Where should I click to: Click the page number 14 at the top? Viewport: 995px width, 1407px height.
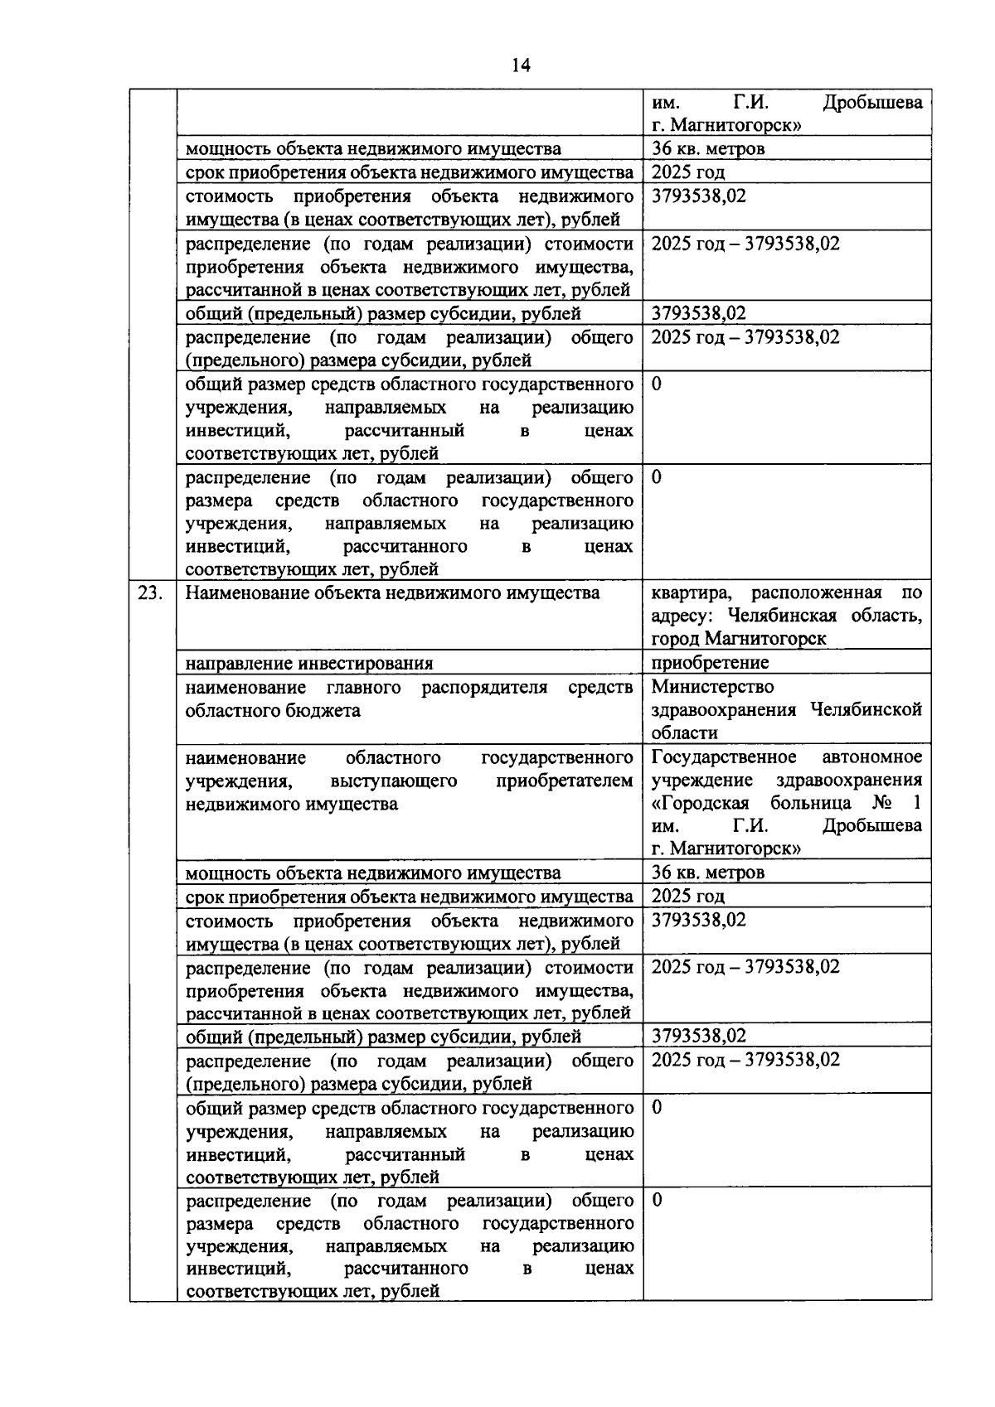tap(521, 65)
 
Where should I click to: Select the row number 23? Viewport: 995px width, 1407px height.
tap(150, 593)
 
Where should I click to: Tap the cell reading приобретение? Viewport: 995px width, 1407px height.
tap(710, 663)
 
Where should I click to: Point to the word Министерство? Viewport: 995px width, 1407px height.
tap(712, 687)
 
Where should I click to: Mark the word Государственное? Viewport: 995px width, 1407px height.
tap(724, 757)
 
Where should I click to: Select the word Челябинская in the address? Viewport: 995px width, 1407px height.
tap(778, 616)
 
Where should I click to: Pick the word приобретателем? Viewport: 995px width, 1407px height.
tap(564, 781)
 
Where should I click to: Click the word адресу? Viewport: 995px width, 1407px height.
tap(681, 616)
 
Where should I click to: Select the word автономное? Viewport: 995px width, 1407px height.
tap(872, 757)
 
